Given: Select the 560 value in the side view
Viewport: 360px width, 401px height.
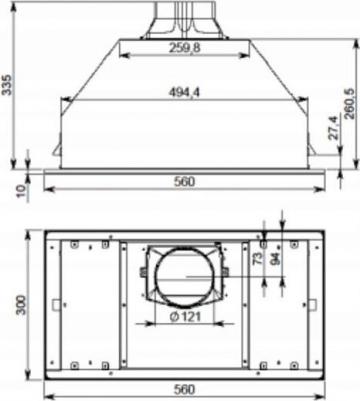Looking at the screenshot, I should click(x=182, y=182).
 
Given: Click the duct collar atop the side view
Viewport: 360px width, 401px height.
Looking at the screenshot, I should click(x=181, y=19).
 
